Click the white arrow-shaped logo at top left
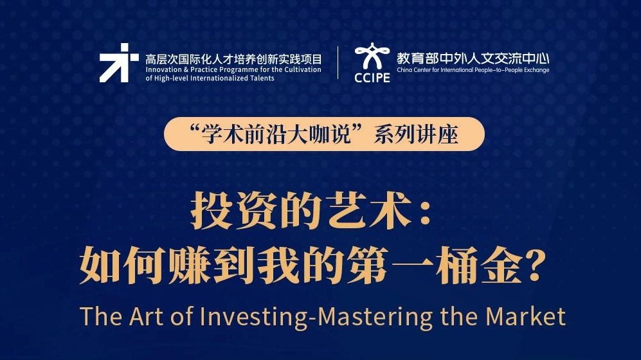pos(118,63)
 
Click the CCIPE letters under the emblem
pos(372,78)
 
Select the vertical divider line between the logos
pos(338,62)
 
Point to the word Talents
pos(262,78)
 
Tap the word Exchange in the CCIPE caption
pos(536,70)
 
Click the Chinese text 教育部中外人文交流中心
pos(473,59)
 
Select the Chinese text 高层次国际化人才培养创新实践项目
pos(233,59)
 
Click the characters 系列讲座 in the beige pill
pos(416,134)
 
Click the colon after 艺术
pos(425,213)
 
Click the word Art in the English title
pos(147,316)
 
